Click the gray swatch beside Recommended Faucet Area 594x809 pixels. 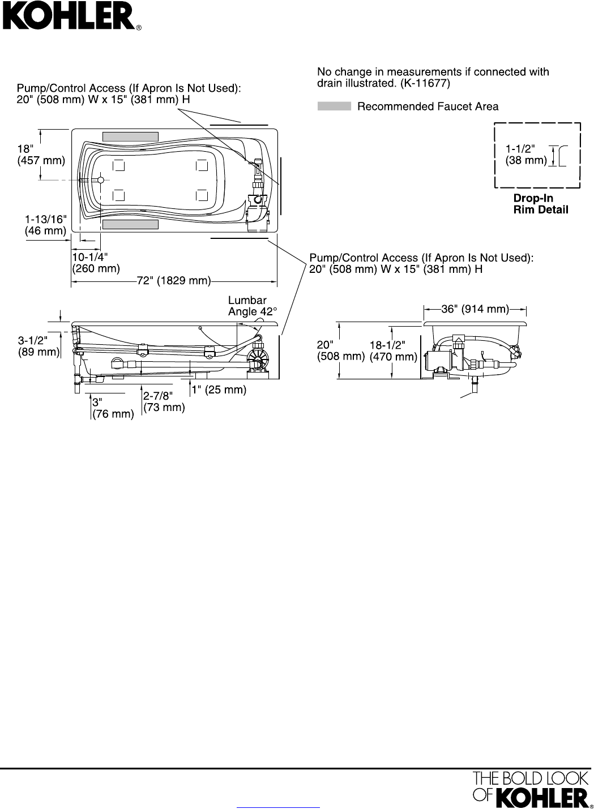(334, 106)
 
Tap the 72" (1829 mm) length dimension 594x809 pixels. (174, 281)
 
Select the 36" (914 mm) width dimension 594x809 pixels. (475, 309)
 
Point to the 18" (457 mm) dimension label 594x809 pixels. (41, 155)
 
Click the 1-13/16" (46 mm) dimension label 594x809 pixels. (46, 225)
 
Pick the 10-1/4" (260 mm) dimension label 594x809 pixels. (96, 263)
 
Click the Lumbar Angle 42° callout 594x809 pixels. (252, 306)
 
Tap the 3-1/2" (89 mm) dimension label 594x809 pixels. (39, 346)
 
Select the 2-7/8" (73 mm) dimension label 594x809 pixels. (164, 401)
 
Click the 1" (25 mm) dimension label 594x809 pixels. (219, 389)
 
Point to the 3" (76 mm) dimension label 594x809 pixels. (113, 408)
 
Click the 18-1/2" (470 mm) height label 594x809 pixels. (393, 350)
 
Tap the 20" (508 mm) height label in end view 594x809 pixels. (341, 350)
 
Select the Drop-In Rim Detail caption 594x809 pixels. (541, 204)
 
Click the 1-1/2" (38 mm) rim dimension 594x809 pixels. (526, 155)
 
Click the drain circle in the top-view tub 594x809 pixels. (101, 180)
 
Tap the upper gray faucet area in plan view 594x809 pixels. (130, 136)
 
